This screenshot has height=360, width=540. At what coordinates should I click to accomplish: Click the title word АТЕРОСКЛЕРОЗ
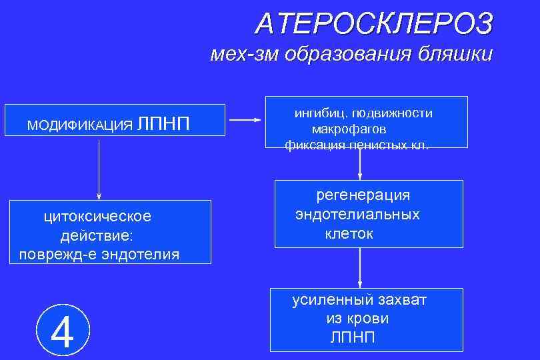tap(374, 24)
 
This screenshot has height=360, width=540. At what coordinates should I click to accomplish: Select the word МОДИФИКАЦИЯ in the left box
tap(79, 125)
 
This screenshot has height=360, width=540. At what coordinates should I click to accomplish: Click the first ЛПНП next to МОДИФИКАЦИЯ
tap(164, 123)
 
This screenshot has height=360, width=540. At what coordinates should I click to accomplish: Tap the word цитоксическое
tap(97, 217)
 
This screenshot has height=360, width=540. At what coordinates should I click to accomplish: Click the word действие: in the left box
tap(97, 235)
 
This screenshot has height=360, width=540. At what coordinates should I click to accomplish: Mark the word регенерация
tap(363, 195)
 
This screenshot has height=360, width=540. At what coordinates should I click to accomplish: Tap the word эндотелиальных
tap(358, 214)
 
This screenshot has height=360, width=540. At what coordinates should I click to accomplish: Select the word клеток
tap(349, 233)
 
